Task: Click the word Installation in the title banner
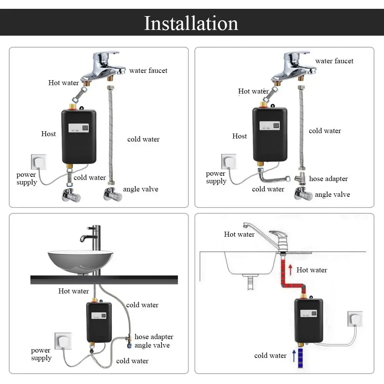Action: click(191, 23)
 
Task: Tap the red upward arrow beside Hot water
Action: click(290, 270)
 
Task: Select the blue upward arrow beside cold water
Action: click(294, 356)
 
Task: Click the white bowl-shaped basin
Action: click(80, 260)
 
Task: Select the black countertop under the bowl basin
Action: click(104, 280)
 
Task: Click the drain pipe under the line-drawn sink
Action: click(251, 284)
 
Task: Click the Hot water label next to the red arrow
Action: click(311, 270)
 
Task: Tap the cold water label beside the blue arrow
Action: click(270, 356)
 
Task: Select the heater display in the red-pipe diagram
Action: click(309, 313)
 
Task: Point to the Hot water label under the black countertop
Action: click(73, 291)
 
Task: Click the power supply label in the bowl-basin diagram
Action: click(41, 354)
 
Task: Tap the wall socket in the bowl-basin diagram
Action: click(63, 341)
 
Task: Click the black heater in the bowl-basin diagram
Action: click(99, 322)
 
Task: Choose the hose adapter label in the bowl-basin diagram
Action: click(153, 337)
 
